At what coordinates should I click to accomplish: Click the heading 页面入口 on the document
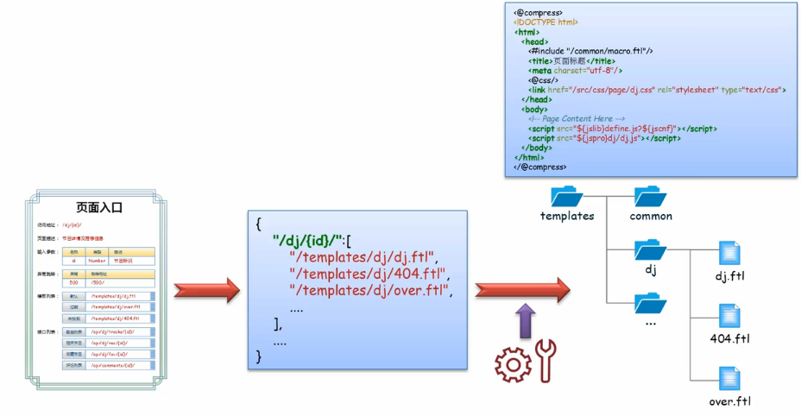pyautogui.click(x=100, y=207)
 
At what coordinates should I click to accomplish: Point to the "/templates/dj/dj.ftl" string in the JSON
pyautogui.click(x=365, y=256)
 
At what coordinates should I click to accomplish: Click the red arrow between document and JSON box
pyautogui.click(x=206, y=291)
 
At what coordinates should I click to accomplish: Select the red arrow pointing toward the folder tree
pyautogui.click(x=521, y=291)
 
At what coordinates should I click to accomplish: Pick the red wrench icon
pyautogui.click(x=545, y=361)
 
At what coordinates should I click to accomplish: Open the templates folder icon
pyautogui.click(x=567, y=196)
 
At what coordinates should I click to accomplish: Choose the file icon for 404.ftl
pyautogui.click(x=729, y=316)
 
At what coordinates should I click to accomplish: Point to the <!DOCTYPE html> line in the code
pyautogui.click(x=546, y=22)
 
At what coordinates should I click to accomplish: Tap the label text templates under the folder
pyautogui.click(x=567, y=216)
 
